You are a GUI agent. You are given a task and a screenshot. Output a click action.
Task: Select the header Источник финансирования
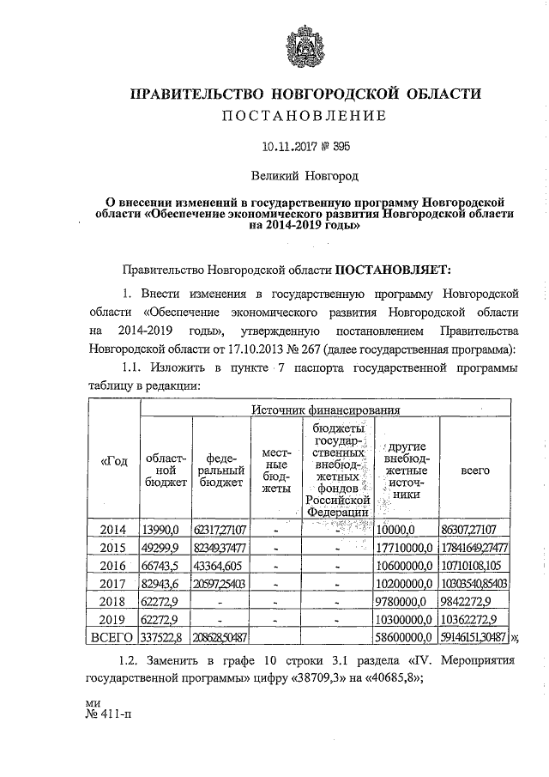click(x=327, y=411)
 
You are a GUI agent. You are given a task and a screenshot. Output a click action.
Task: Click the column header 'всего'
click(x=475, y=470)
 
